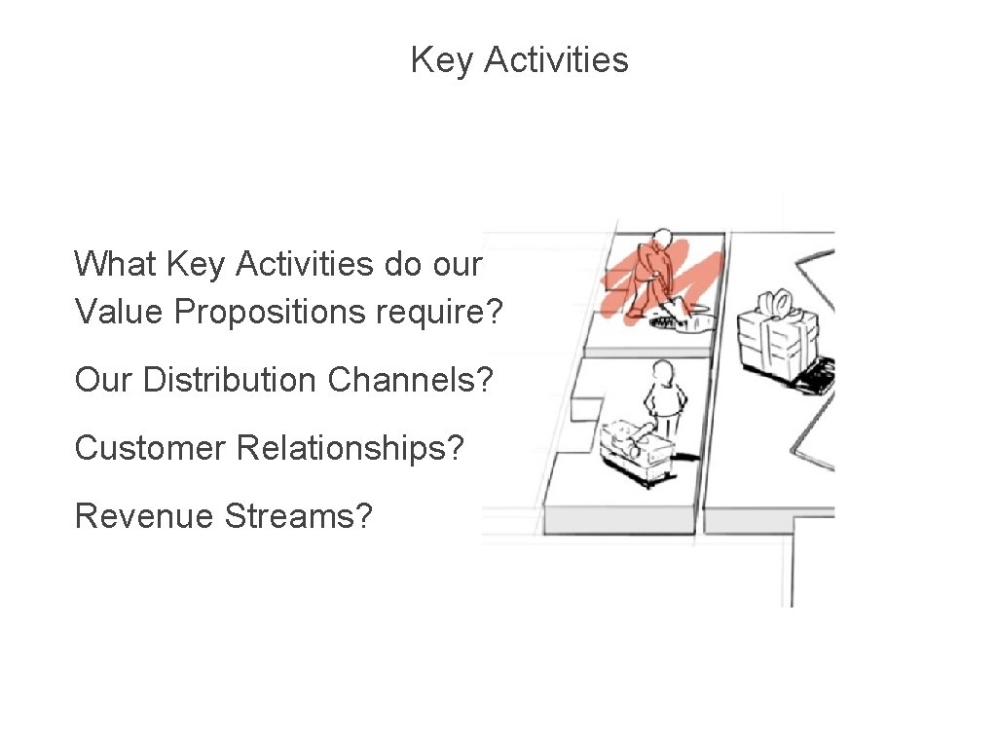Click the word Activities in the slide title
click(556, 60)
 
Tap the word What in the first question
click(116, 264)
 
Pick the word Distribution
click(231, 380)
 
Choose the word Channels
click(410, 380)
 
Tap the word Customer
click(151, 448)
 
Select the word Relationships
click(351, 448)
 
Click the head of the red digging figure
click(663, 238)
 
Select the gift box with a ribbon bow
click(776, 336)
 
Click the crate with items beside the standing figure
click(637, 448)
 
